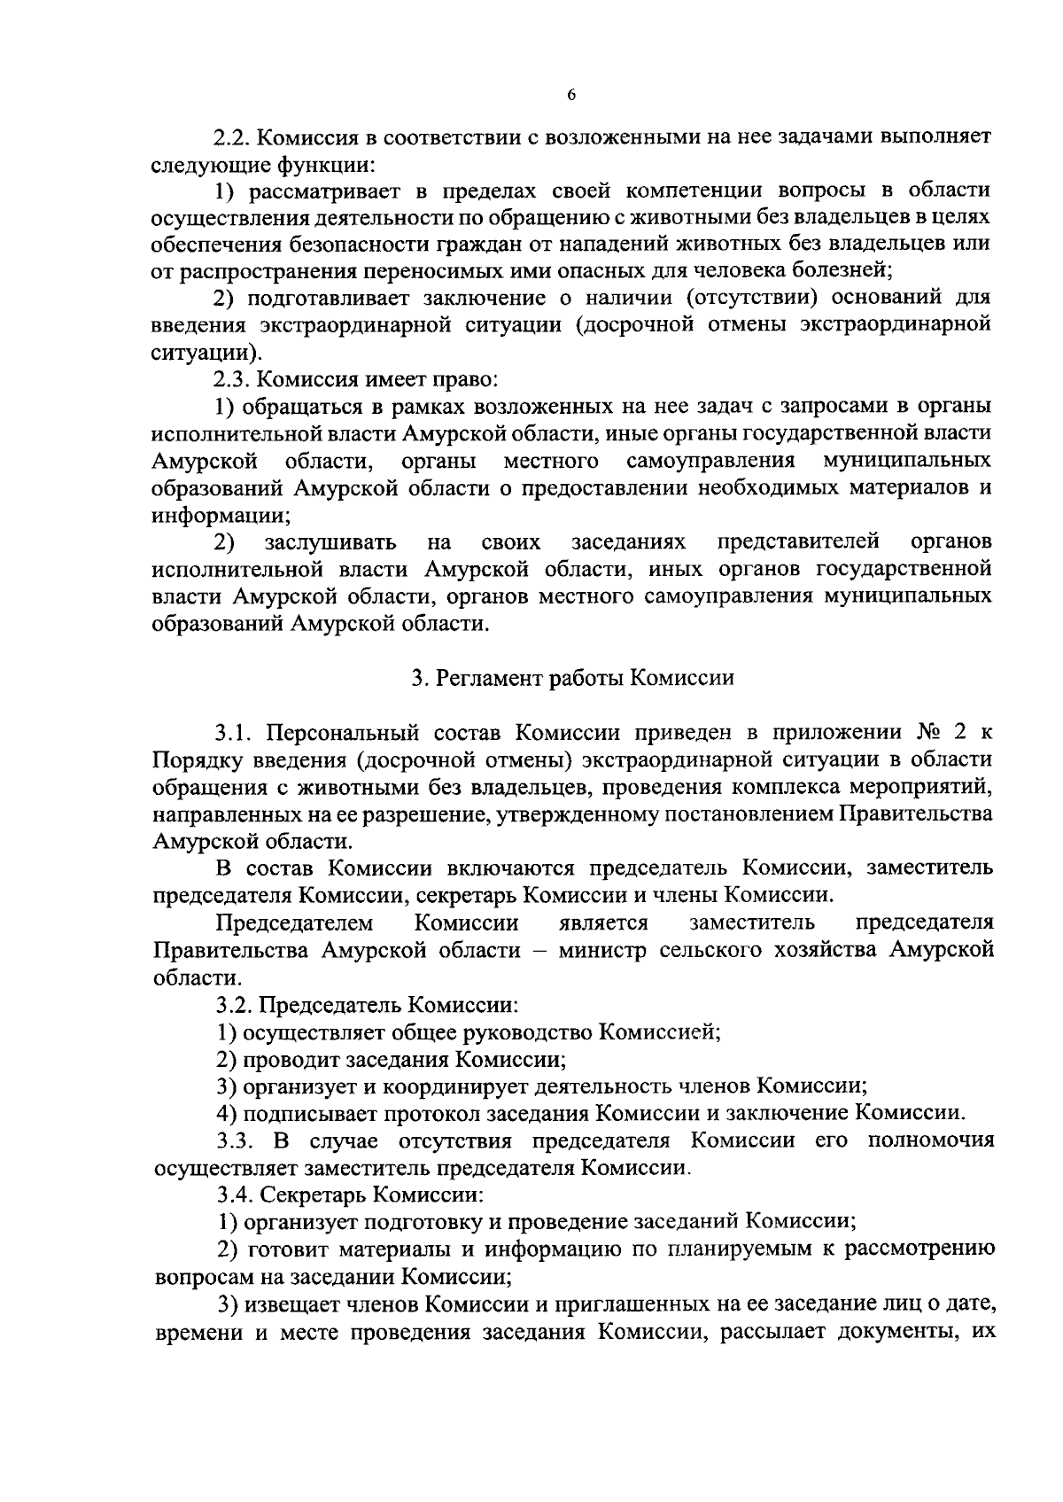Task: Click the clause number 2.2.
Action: [232, 137]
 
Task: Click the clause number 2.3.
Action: [232, 379]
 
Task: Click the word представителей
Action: [797, 541]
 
